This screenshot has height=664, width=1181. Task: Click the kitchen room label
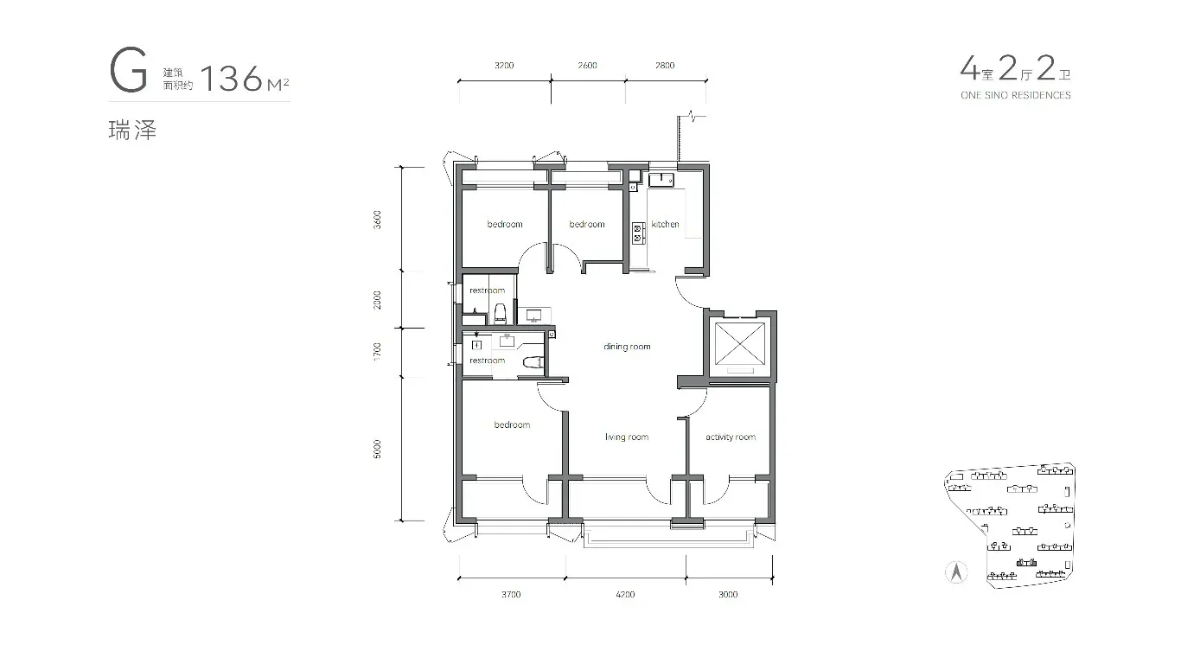click(665, 224)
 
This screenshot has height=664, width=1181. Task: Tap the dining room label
click(627, 347)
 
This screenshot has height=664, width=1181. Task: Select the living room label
click(626, 437)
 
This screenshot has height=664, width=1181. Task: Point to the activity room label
click(731, 437)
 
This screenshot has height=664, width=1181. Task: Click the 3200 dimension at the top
click(504, 66)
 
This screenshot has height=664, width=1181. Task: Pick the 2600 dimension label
click(587, 66)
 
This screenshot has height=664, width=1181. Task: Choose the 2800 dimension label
click(665, 66)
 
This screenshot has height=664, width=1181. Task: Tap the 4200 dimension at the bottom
click(625, 594)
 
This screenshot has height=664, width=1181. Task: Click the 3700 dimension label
click(511, 594)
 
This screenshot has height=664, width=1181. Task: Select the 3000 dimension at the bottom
click(728, 594)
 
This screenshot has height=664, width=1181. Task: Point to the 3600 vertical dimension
click(377, 220)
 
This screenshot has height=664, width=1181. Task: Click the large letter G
click(128, 70)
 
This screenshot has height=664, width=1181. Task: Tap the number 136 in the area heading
click(231, 78)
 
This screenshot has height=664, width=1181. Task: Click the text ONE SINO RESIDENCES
click(1016, 95)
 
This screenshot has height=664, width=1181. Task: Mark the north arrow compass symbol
click(956, 572)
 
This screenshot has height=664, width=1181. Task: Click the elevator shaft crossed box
click(740, 343)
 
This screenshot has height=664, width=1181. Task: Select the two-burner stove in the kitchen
click(638, 233)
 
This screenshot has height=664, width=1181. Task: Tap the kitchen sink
click(661, 180)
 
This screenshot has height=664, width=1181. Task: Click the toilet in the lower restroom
click(533, 361)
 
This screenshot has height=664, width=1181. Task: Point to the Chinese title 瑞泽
click(132, 131)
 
